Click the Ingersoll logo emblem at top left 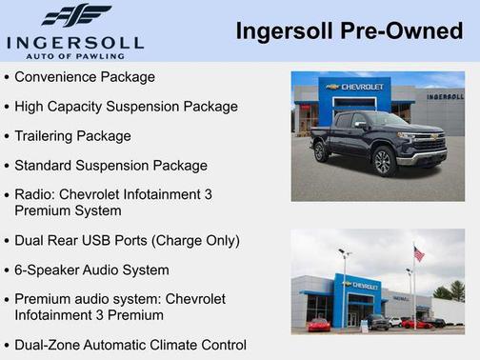pos(76,16)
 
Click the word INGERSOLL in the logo pos(74,43)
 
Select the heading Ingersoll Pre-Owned pos(349,31)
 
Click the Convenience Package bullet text pos(85,76)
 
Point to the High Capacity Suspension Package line pos(126,106)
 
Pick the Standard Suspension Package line pos(110,165)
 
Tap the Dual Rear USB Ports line pos(127,240)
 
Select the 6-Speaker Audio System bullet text pos(91,270)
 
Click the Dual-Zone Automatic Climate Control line pos(130,344)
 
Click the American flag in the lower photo pos(418,254)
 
